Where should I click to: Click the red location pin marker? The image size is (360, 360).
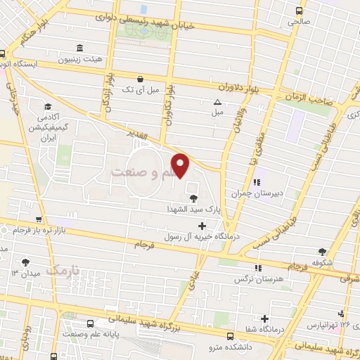point(181,166)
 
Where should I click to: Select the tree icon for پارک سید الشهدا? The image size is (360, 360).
point(193,198)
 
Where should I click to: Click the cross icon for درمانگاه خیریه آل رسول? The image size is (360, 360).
point(202,226)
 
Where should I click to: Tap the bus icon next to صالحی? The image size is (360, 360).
point(299,11)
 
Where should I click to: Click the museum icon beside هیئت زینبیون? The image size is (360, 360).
point(79,48)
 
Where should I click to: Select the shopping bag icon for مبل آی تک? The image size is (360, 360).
point(141,79)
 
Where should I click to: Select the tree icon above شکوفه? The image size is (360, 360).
point(322,251)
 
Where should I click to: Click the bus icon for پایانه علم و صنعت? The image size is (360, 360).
point(91,323)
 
